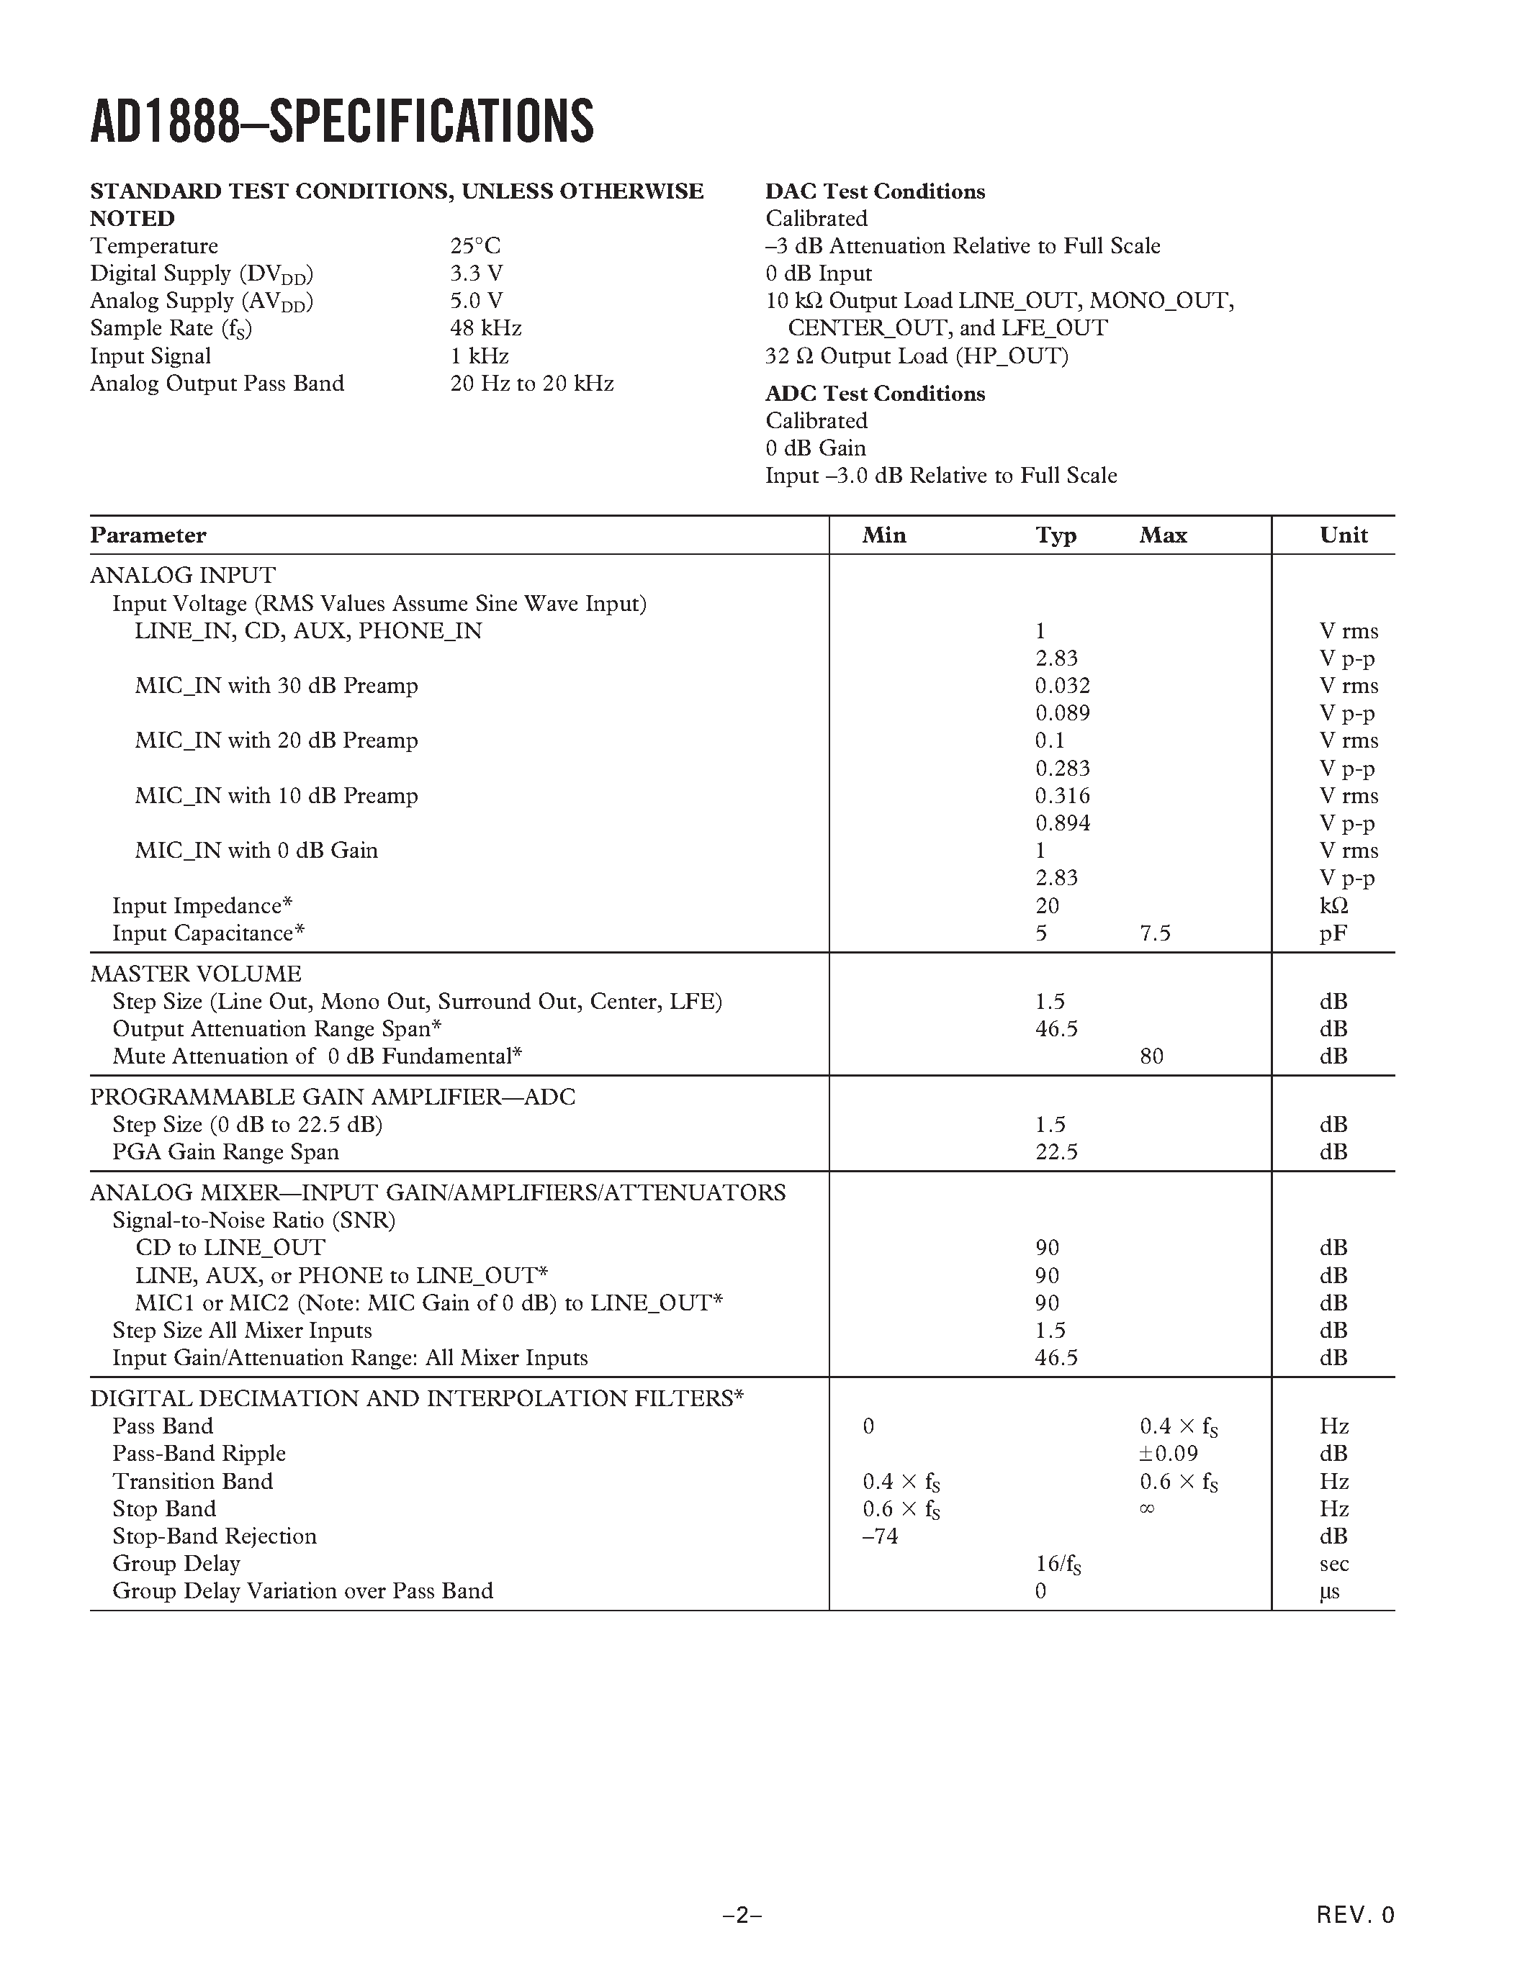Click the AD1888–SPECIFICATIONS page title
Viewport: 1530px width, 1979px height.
point(342,122)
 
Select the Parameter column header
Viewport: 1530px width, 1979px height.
point(148,535)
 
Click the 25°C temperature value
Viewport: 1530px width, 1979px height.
point(475,246)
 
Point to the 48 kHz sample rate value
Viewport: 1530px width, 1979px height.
point(485,328)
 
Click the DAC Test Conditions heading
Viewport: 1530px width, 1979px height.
point(875,191)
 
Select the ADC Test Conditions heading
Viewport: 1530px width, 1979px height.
point(875,393)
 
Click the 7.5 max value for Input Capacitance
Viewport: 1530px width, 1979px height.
point(1155,933)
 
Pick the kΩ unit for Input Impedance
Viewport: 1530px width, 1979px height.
point(1333,906)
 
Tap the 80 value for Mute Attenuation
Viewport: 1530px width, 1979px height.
point(1151,1056)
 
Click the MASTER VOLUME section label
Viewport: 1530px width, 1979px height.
point(195,974)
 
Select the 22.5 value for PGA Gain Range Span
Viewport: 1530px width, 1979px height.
point(1056,1153)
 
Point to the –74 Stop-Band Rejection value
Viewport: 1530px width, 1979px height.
point(879,1536)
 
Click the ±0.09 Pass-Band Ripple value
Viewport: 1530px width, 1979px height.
point(1169,1454)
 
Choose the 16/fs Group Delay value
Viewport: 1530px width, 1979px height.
point(1058,1564)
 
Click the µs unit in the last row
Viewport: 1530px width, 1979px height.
point(1329,1591)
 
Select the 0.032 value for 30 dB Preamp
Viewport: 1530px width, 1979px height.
point(1062,686)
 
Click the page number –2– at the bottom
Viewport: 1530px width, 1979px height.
point(742,1915)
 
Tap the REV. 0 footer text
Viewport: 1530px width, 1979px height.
point(1355,1915)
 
